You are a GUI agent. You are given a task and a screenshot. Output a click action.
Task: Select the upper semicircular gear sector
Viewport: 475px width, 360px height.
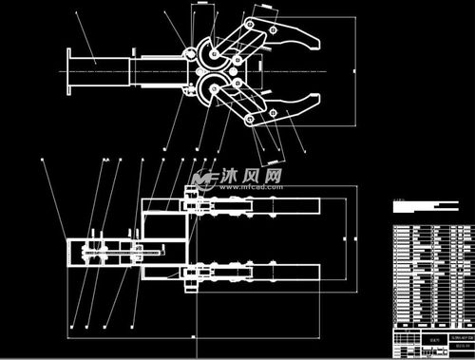click(x=205, y=52)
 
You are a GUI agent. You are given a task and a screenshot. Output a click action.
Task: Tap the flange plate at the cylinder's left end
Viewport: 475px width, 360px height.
click(x=69, y=70)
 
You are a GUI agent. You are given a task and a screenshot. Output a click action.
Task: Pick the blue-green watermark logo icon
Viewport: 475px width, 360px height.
click(x=201, y=179)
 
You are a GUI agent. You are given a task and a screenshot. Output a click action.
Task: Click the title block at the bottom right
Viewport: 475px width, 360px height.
click(x=429, y=342)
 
